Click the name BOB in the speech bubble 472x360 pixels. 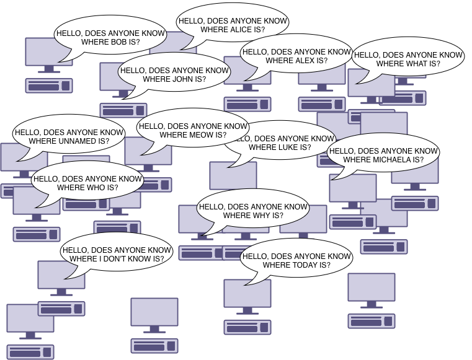click(119, 42)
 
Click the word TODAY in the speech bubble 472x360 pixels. click(300, 265)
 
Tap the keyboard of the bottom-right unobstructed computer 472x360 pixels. click(371, 321)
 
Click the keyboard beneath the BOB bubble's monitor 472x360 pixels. click(48, 86)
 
